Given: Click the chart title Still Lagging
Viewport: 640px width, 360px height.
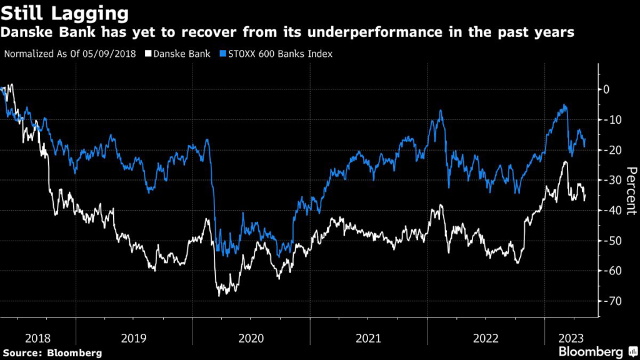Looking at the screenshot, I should point(65,12).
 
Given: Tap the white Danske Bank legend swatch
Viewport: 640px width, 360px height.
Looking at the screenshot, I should point(148,54).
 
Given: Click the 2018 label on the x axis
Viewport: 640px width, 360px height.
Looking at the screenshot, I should point(38,338).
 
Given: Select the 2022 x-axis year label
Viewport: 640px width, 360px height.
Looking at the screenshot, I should point(485,338).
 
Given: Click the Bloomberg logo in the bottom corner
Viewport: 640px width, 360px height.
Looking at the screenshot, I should point(591,351).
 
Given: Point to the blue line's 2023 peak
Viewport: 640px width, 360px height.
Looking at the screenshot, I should point(566,105).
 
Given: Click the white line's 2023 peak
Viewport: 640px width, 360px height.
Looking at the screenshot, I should point(566,162).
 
